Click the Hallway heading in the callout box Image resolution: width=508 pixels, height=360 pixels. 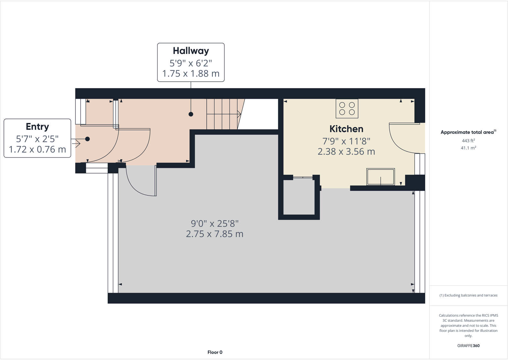pyautogui.click(x=191, y=51)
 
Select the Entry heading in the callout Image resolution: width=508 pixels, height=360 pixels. pyautogui.click(x=37, y=126)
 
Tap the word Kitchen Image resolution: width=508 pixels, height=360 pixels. pyautogui.click(x=346, y=129)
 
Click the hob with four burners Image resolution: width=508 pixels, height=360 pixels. pyautogui.click(x=347, y=109)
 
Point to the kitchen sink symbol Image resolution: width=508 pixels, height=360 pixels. pyautogui.click(x=380, y=177)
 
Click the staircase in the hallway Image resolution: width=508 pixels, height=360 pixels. pyautogui.click(x=222, y=114)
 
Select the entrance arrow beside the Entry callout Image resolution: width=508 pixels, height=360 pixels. pyautogui.click(x=76, y=143)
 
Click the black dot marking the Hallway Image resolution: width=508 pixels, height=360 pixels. pyautogui.click(x=191, y=114)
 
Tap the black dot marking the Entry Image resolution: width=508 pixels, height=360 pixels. pyautogui.click(x=87, y=139)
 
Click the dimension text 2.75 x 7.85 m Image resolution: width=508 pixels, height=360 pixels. pyautogui.click(x=215, y=234)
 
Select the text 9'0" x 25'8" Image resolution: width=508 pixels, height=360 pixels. pyautogui.click(x=215, y=224)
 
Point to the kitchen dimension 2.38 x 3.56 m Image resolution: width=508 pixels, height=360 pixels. pyautogui.click(x=346, y=151)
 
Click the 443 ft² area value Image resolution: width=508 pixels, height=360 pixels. pyautogui.click(x=468, y=141)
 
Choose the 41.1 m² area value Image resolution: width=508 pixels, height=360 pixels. pyautogui.click(x=468, y=148)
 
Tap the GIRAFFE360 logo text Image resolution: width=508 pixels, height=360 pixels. pyautogui.click(x=468, y=346)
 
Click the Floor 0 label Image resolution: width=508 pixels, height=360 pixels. pyautogui.click(x=215, y=352)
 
